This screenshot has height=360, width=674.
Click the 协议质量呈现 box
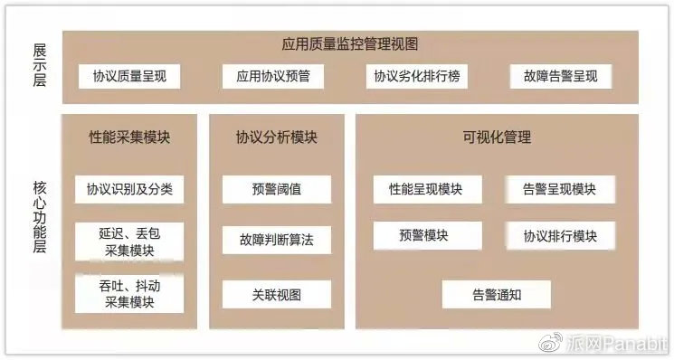(129, 77)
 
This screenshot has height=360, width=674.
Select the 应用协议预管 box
(273, 77)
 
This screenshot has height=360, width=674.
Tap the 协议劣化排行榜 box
(417, 77)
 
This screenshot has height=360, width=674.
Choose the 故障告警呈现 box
(560, 77)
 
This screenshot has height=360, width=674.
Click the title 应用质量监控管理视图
(349, 43)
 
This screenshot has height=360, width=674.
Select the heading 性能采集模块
(129, 137)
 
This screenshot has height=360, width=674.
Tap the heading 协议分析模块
(277, 137)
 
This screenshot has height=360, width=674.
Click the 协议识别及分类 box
(129, 190)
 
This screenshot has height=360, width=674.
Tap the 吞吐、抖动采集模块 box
(129, 294)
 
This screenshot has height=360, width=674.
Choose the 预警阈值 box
(277, 190)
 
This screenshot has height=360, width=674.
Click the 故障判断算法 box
(277, 241)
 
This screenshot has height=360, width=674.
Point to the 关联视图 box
(277, 294)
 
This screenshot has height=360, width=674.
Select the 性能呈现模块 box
(425, 190)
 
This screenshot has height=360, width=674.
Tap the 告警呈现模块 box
(560, 190)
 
